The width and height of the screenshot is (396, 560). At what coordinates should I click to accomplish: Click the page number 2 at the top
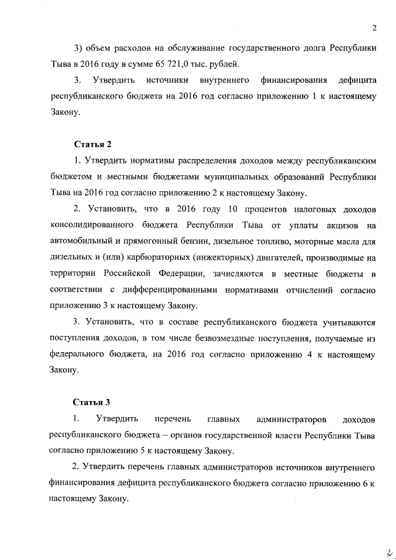375,27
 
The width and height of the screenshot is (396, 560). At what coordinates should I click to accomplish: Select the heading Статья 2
93,145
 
